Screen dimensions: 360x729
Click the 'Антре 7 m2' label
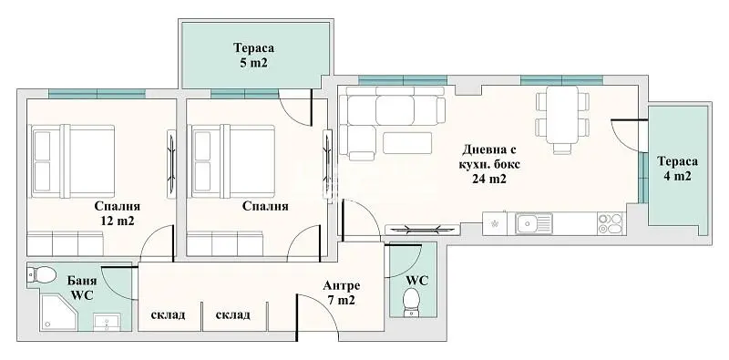click(x=340, y=292)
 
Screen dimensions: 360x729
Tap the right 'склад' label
click(x=233, y=314)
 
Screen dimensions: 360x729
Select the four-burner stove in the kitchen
click(x=610, y=223)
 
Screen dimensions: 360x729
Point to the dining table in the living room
click(x=557, y=116)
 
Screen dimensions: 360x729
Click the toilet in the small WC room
click(x=411, y=299)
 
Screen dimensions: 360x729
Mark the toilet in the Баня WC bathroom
click(x=42, y=273)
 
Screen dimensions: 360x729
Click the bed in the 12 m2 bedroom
click(x=71, y=159)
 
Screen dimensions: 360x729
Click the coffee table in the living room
click(x=407, y=142)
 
